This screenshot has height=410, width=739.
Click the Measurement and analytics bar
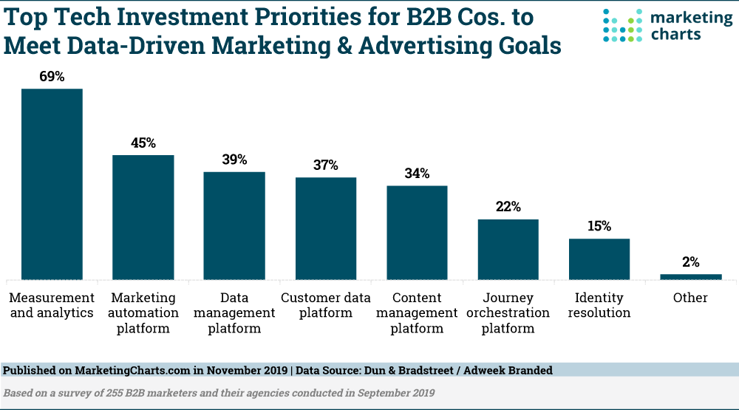click(x=52, y=184)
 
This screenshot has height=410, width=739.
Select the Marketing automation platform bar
click(x=143, y=217)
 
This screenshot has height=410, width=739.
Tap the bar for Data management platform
click(x=234, y=225)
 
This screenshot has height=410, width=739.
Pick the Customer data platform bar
click(x=326, y=228)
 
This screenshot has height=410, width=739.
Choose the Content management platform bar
click(x=417, y=233)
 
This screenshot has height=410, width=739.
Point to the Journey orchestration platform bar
click(x=508, y=249)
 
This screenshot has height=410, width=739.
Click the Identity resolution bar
click(x=599, y=259)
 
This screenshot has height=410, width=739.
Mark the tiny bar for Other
click(x=691, y=277)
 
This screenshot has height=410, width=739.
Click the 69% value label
click(x=52, y=76)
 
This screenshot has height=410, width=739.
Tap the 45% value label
click(x=143, y=143)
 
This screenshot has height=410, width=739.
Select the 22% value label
click(x=508, y=207)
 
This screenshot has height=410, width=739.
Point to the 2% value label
click(x=691, y=262)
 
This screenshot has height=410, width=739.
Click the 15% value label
click(x=599, y=226)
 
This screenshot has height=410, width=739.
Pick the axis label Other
click(x=690, y=298)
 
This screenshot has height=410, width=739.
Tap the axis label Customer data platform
click(x=326, y=305)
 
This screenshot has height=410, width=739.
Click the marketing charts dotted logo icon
click(x=622, y=25)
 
